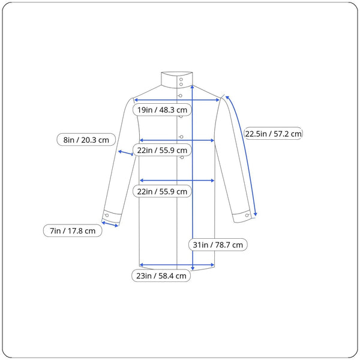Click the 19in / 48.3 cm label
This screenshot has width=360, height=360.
coord(162,110)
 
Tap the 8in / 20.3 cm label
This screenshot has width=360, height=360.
coord(86,140)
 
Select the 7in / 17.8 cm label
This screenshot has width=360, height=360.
coord(73,230)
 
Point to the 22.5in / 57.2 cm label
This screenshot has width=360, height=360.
coord(273,133)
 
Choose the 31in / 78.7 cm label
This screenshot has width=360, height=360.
coord(218,245)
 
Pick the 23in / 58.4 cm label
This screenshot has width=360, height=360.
coord(161,275)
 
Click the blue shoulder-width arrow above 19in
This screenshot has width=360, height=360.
coord(177,100)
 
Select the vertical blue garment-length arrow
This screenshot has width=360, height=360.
coord(193,178)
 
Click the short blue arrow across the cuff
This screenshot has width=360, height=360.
coord(110,224)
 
